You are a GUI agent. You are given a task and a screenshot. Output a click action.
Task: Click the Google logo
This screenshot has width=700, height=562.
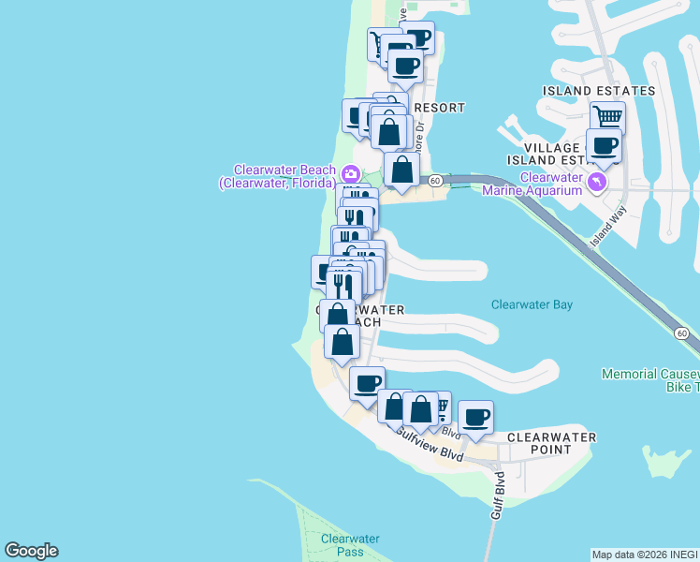tap(31, 551)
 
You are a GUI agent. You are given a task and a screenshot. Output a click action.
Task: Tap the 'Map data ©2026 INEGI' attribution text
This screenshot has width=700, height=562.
tap(645, 555)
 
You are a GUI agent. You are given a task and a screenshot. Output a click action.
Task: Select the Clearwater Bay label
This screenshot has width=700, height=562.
tap(532, 304)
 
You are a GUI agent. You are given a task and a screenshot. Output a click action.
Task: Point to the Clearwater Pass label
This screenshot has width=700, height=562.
tap(349, 545)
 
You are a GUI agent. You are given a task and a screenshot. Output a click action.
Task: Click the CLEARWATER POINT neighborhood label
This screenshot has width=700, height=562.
tap(551, 443)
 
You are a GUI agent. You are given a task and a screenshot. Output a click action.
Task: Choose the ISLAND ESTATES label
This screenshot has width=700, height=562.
tap(599, 91)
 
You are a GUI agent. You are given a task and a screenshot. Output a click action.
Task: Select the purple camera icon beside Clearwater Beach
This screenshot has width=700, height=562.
tap(350, 173)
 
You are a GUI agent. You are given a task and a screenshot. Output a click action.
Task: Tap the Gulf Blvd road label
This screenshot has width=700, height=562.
tap(499, 496)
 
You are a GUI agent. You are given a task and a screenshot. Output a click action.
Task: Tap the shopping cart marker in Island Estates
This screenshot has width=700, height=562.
tap(608, 118)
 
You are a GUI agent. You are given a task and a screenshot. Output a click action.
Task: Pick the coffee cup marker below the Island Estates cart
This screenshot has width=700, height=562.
tap(605, 147)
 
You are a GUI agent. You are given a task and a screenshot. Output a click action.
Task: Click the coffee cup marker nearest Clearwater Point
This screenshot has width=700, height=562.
tap(475, 417)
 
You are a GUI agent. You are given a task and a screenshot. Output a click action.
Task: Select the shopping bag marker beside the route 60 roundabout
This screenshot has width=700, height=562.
tap(401, 170)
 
